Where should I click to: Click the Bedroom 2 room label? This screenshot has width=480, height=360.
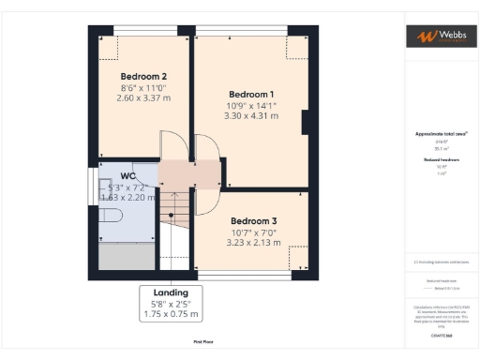143,76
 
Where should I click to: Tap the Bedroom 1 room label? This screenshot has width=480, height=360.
252,94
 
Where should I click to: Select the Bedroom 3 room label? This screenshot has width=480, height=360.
252,212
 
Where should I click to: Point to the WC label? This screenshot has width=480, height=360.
129,176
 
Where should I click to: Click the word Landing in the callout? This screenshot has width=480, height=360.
164,292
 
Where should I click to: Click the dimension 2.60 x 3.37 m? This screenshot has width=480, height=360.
143,97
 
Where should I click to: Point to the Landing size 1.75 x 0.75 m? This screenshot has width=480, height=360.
164,316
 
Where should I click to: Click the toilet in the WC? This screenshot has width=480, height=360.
112,216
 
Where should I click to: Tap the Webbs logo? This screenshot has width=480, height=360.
439,37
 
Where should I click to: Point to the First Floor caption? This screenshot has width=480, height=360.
203,342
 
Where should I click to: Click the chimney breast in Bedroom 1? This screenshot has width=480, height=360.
306,122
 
